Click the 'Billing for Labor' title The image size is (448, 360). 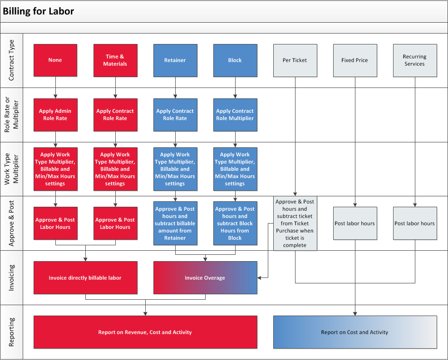(38, 11)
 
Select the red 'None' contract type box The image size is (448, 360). (55, 60)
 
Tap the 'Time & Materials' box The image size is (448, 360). (115, 60)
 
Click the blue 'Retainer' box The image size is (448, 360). (175, 60)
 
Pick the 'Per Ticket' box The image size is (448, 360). (295, 60)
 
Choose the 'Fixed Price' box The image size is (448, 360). (355, 60)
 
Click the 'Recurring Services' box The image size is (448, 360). (415, 60)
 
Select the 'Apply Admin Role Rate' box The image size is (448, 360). (55, 115)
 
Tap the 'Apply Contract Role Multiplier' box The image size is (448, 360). (235, 115)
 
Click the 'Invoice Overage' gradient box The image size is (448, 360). (205, 277)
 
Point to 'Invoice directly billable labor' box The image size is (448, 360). (85, 277)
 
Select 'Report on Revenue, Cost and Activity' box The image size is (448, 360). (145, 332)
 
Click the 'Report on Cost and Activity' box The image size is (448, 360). (355, 332)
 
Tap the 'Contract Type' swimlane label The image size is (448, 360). (11, 60)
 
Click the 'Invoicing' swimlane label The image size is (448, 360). (11, 277)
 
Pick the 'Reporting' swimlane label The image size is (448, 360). (11, 332)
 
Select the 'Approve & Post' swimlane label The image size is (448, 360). (11, 223)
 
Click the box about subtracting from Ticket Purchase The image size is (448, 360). (295, 223)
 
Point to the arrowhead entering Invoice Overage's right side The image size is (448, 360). (260, 277)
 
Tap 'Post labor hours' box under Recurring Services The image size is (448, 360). (415, 223)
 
